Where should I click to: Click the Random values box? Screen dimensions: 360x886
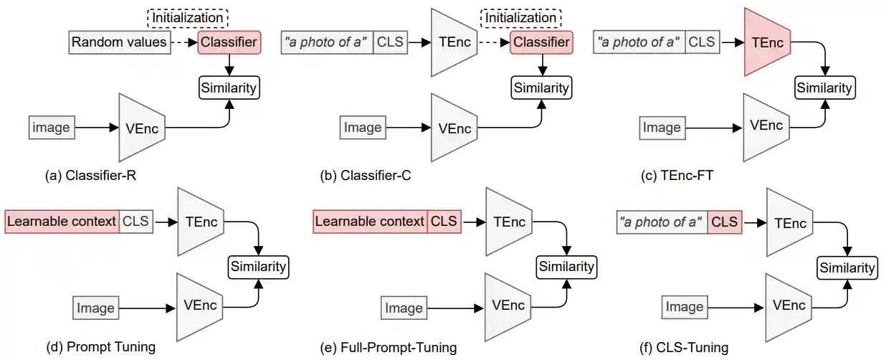click(118, 42)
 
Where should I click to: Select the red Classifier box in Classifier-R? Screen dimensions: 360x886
click(229, 42)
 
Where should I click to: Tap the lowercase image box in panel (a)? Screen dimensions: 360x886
click(52, 128)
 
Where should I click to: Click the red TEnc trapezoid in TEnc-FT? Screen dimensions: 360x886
click(766, 42)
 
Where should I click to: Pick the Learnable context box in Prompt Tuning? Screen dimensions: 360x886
click(62, 221)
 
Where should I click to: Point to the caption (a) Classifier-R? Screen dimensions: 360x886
click(100, 175)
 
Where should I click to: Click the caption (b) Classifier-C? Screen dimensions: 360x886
click(366, 175)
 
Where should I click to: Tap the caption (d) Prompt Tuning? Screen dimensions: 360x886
click(101, 347)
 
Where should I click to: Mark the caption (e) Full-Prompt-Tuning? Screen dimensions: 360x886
click(389, 348)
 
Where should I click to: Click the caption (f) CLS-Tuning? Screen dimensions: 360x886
click(684, 348)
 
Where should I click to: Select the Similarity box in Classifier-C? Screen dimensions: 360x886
click(541, 87)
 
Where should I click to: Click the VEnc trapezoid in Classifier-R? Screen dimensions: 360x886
click(142, 128)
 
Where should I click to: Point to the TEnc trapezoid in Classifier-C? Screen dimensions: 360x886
click(454, 42)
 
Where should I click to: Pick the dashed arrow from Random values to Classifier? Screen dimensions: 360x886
click(182, 42)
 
